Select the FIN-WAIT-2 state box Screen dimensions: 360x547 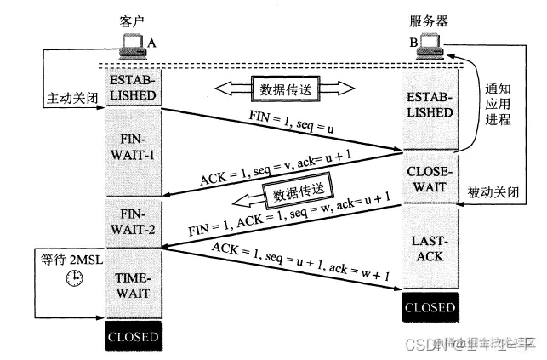coord(133,220)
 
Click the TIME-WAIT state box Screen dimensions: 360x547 coord(133,285)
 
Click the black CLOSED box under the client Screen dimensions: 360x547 coord(133,336)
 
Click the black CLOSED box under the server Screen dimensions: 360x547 coord(431,306)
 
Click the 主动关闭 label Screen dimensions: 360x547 coord(70,99)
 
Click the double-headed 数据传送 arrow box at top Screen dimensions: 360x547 coord(282,87)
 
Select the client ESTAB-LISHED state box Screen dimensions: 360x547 coord(133,88)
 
